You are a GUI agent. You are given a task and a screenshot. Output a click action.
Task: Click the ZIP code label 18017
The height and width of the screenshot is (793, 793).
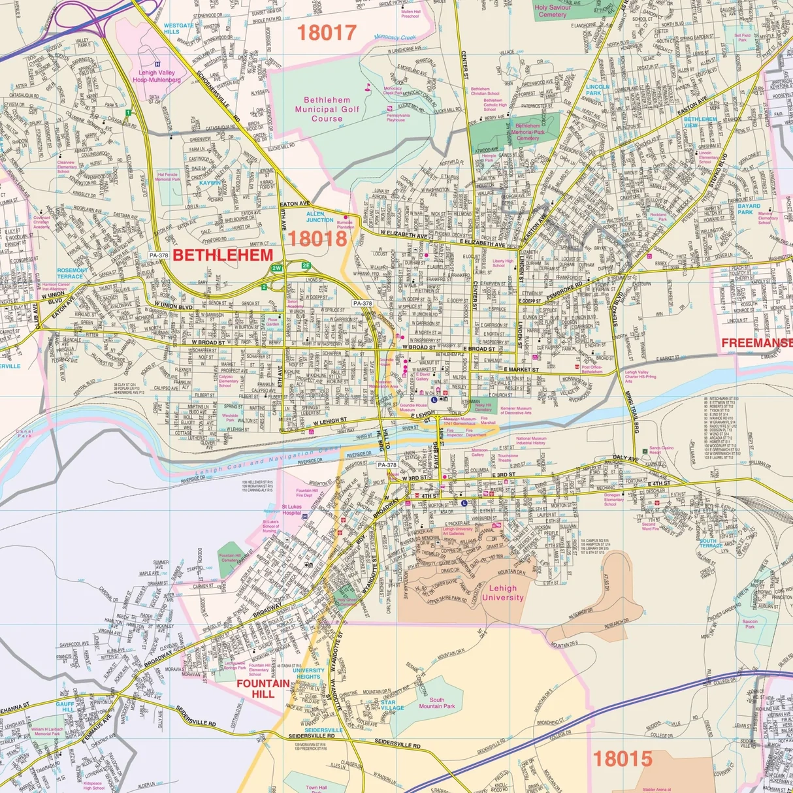pos(327,32)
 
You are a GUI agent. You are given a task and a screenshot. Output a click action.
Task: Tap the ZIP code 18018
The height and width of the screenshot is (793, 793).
pos(317,238)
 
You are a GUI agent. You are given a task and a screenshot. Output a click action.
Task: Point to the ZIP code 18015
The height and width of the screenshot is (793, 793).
pos(623,758)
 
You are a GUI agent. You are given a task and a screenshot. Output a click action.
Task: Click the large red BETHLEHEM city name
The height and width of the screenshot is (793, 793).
pos(223,255)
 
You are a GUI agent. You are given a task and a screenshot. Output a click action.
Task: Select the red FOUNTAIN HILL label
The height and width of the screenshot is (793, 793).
pos(263,688)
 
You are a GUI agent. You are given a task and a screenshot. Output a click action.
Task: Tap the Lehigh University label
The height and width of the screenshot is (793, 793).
pos(503,592)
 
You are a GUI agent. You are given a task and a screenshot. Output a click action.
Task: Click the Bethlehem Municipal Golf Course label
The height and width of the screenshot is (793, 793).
pos(327,109)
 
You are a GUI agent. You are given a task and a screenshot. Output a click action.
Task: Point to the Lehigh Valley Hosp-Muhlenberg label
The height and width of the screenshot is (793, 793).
pos(157,76)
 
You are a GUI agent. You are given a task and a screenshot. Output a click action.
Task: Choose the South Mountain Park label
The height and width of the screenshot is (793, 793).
pos(436,703)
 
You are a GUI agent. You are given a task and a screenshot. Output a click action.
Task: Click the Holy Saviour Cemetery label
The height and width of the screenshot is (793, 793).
pos(553,11)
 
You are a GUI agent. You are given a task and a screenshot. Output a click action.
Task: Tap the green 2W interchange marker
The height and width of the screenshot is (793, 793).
pos(277,268)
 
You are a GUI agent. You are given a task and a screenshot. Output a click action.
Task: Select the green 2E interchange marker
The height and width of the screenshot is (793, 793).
pos(306,265)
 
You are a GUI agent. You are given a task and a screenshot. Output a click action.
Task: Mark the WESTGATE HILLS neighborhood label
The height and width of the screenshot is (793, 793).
pos(178,29)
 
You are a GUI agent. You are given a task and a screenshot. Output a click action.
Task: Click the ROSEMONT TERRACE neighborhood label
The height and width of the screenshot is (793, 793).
pos(72,273)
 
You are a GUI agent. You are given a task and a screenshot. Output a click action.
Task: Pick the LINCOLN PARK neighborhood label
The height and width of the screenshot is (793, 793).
pos(597,89)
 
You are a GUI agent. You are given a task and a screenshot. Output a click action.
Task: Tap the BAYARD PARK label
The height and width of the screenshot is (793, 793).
pos(749,209)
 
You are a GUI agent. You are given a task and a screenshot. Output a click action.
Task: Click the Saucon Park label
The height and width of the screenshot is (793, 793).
pos(750,624)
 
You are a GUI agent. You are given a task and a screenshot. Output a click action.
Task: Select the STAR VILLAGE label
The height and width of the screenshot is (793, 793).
pos(392,705)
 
